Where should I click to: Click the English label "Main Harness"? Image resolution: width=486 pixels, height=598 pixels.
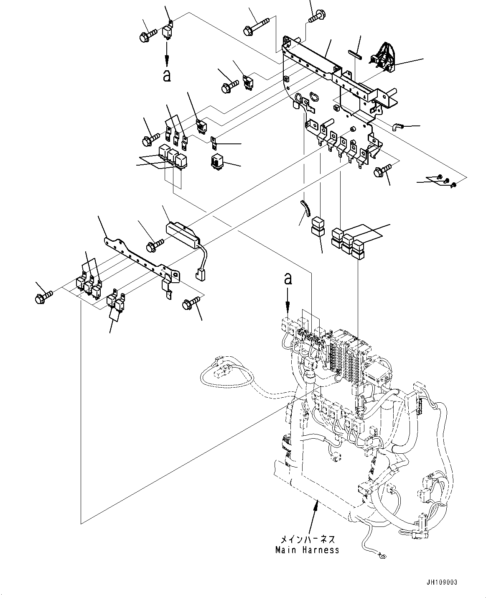tap(307, 550)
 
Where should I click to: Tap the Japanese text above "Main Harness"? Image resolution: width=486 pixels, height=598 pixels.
tap(307, 539)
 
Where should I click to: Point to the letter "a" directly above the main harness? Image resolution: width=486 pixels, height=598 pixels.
tap(288, 279)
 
